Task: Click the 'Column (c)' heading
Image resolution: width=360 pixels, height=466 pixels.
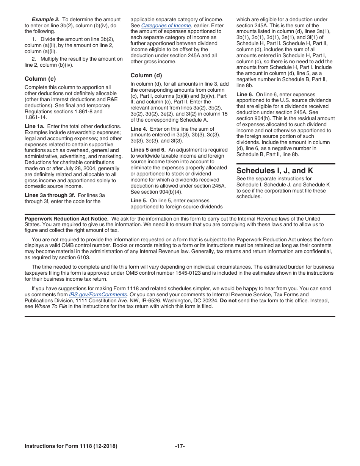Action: tap(40, 79)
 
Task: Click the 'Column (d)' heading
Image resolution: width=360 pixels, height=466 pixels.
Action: tap(146, 75)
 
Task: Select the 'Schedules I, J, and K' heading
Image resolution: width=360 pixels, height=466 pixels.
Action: tap(275, 170)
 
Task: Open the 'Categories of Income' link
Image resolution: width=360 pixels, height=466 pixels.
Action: tap(166, 25)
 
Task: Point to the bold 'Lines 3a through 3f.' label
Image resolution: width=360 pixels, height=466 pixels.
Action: tap(50, 195)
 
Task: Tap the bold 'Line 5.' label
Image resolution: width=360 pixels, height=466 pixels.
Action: tap(139, 201)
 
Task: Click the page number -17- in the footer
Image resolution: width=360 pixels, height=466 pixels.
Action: tap(180, 446)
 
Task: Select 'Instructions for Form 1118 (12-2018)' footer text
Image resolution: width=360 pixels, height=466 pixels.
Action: tap(71, 446)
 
